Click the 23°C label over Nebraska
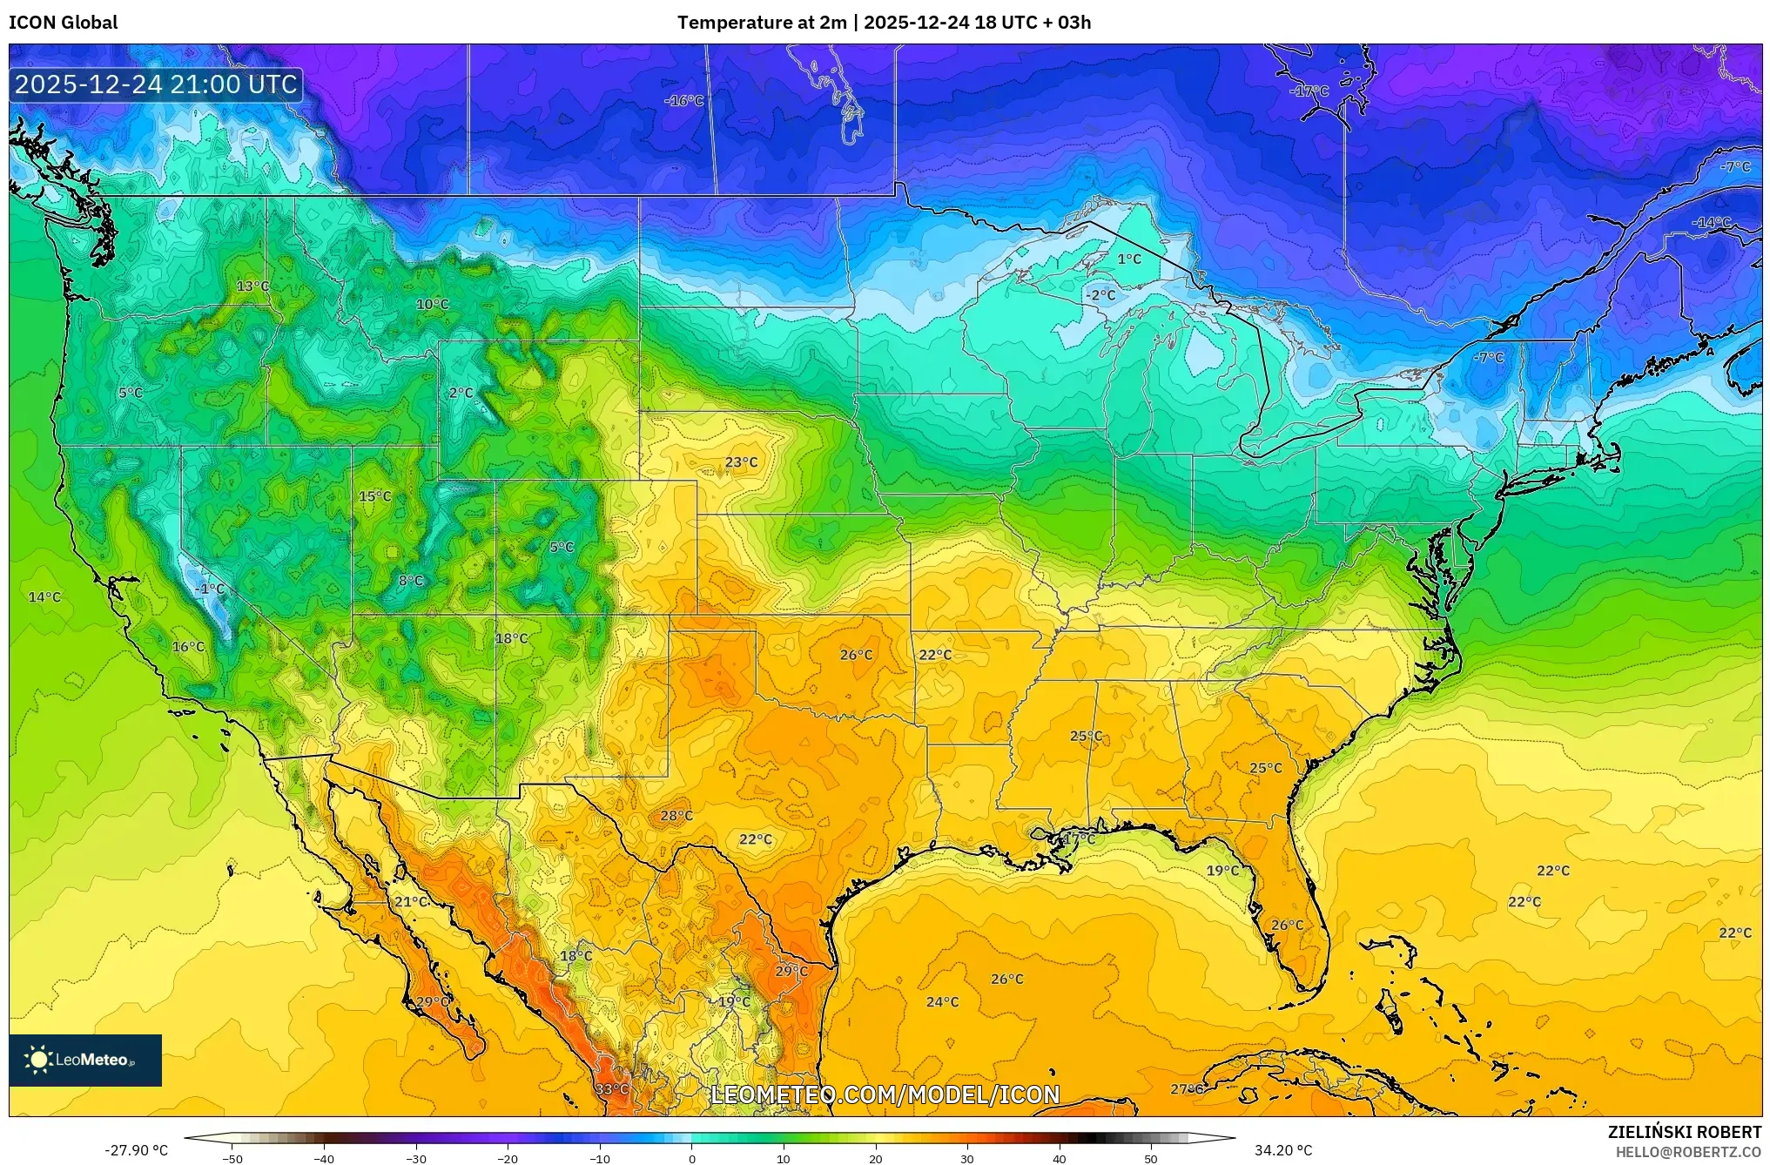pos(741,462)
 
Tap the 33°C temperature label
pos(611,1089)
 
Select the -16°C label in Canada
pos(683,101)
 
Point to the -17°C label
pos(1309,91)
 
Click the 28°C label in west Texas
pos(676,816)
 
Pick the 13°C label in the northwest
pos(252,286)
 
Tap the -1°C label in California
pos(210,589)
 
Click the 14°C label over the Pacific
pos(44,597)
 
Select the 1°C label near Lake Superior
pos(1128,259)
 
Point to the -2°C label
pos(1100,295)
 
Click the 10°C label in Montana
pos(432,305)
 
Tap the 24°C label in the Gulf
pos(942,1002)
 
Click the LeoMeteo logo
pos(85,1060)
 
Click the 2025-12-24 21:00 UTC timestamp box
pos(156,84)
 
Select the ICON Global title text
pos(63,23)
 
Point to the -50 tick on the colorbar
pos(232,1159)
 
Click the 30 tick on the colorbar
pos(967,1159)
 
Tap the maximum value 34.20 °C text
pos(1282,1150)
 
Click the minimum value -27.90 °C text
pos(137,1150)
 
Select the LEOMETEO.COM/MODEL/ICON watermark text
pos(885,1094)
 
